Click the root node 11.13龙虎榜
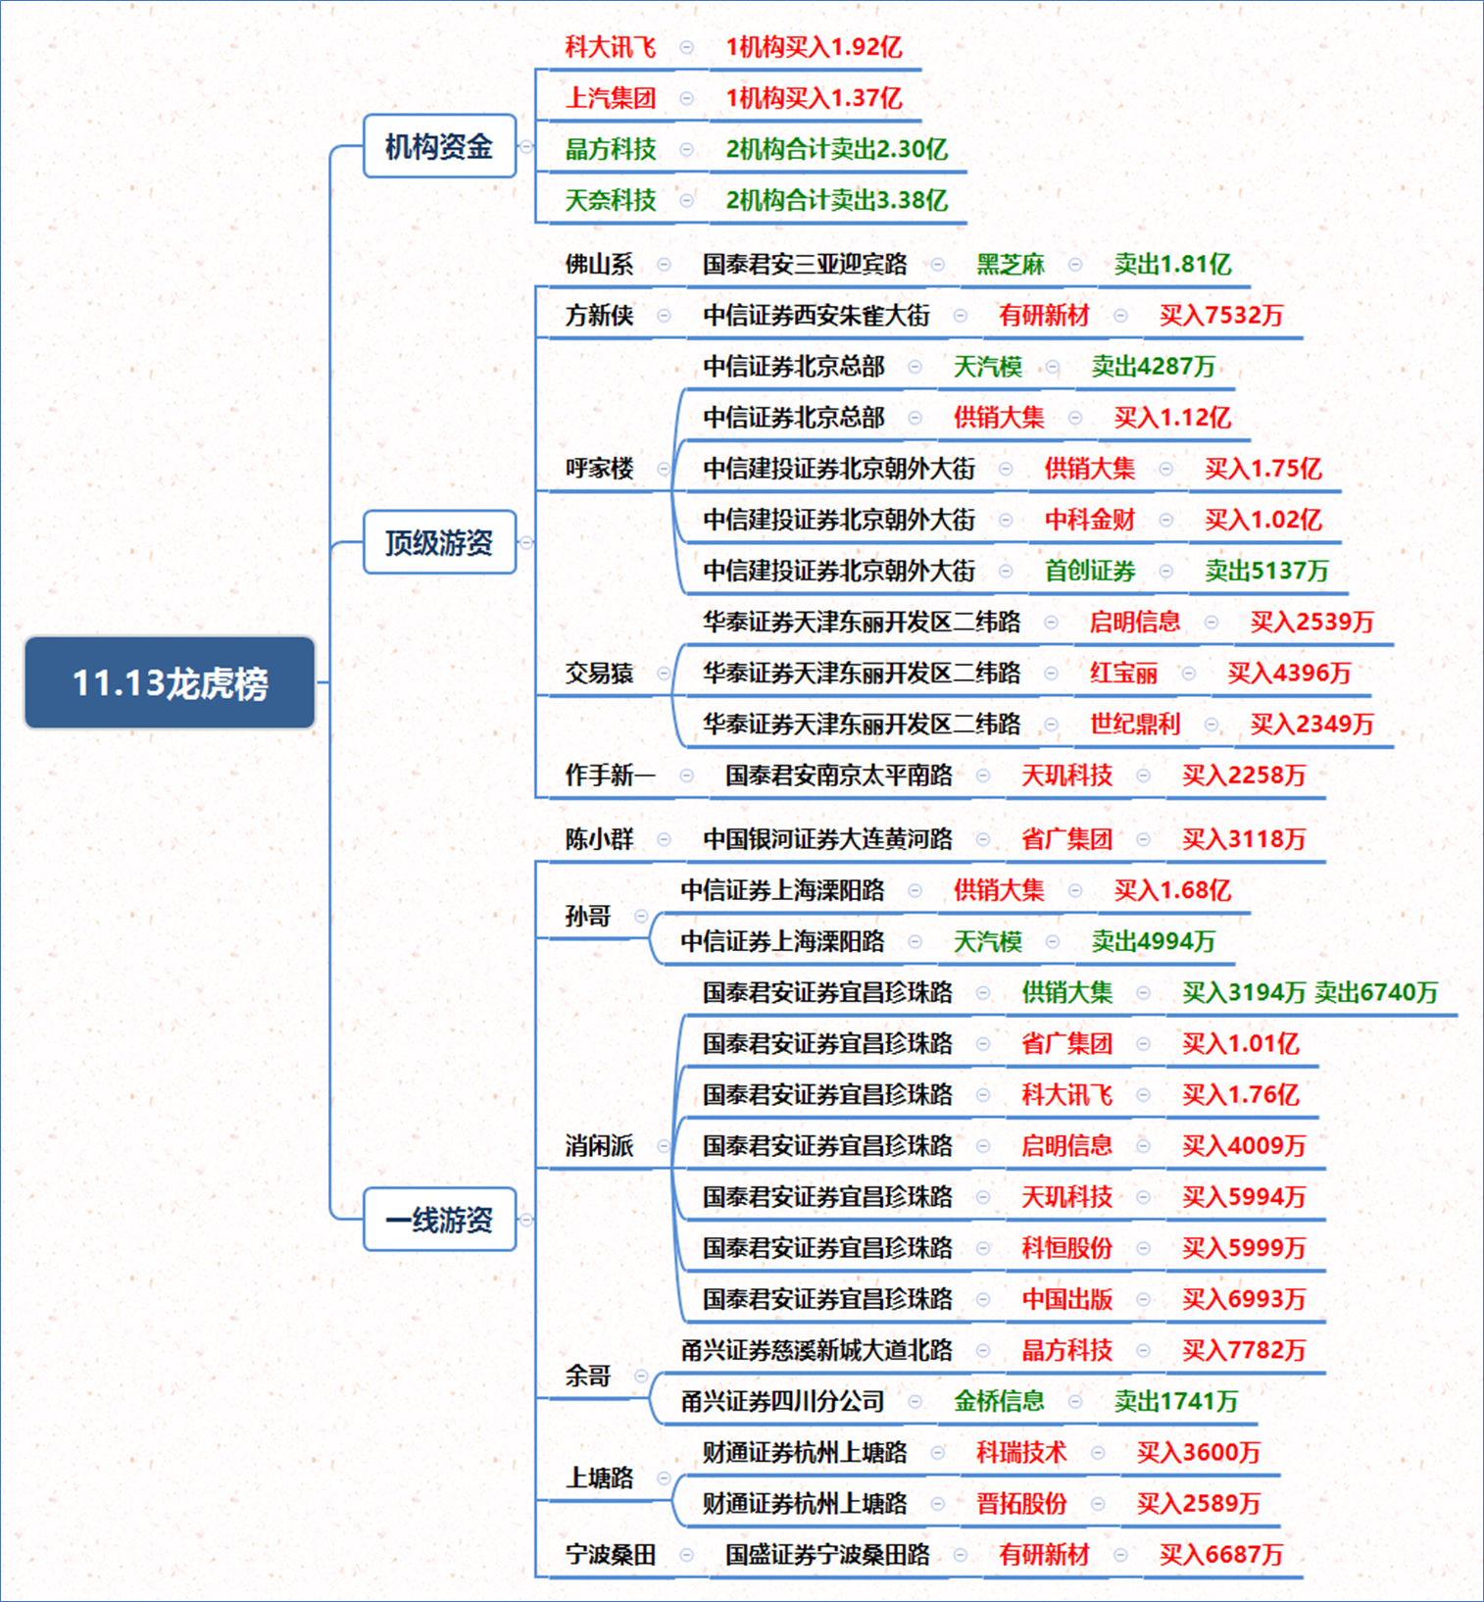170,682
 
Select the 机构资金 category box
439,146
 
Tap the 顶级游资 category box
439,542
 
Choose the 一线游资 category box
439,1220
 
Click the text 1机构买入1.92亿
814,47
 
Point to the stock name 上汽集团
611,98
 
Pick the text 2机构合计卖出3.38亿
836,200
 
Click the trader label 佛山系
599,264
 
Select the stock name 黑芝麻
1011,264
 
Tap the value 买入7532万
1221,315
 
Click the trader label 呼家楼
599,468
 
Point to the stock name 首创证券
1090,571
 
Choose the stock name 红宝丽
1124,673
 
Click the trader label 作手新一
611,775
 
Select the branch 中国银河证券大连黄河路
828,838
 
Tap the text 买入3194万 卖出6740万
1310,992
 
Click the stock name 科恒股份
1067,1247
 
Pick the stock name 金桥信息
1000,1401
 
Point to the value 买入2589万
1199,1503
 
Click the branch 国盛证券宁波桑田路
828,1554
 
